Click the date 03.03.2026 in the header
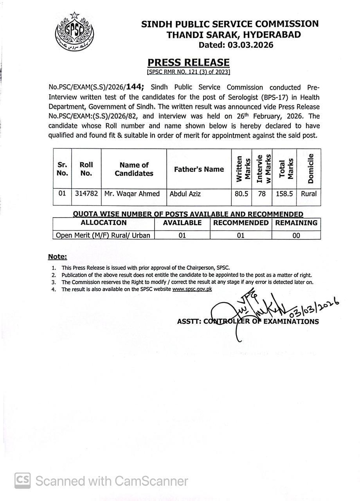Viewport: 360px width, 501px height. pyautogui.click(x=236, y=45)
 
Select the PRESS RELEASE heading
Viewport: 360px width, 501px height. pyautogui.click(x=188, y=63)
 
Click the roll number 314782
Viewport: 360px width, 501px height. pyautogui.click(x=86, y=193)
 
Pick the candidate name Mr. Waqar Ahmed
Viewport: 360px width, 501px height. pyautogui.click(x=132, y=193)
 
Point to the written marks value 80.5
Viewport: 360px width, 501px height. pyautogui.click(x=242, y=193)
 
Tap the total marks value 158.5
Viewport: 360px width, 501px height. pyautogui.click(x=284, y=193)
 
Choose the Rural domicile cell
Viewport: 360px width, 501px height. pyautogui.click(x=309, y=193)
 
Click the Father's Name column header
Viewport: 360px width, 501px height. pyautogui.click(x=199, y=169)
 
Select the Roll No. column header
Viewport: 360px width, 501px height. pyautogui.click(x=86, y=169)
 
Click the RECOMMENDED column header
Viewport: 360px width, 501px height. pyautogui.click(x=241, y=223)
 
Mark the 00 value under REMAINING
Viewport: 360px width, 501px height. pyautogui.click(x=296, y=235)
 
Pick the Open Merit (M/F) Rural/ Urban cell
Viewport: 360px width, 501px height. pyautogui.click(x=103, y=235)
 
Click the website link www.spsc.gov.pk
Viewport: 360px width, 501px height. pyautogui.click(x=192, y=289)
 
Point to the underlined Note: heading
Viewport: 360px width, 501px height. pyautogui.click(x=58, y=257)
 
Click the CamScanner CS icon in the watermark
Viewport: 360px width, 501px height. pyautogui.click(x=23, y=480)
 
